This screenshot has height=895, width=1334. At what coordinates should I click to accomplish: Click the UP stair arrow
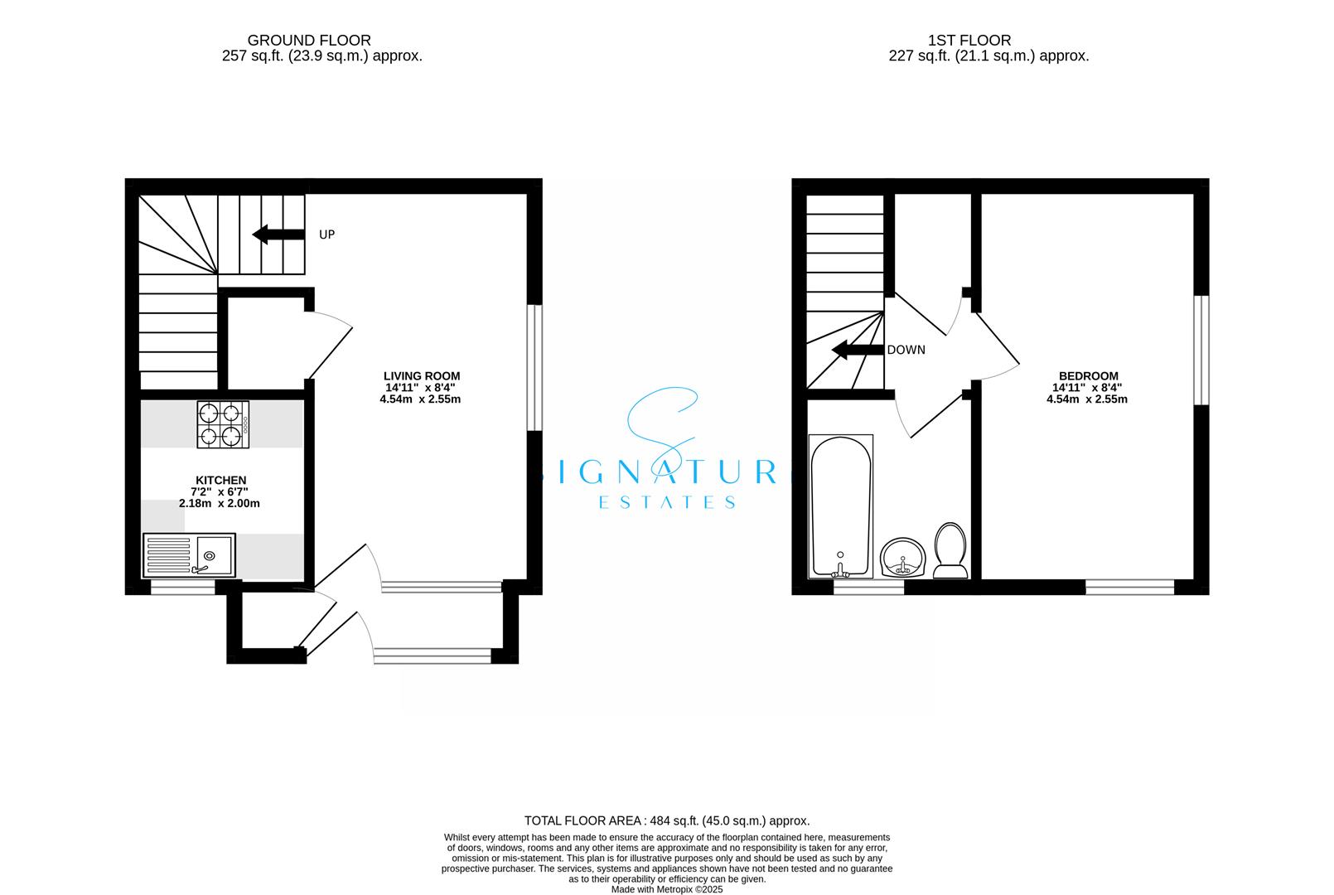[278, 235]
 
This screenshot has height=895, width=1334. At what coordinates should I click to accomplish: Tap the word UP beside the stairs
[327, 235]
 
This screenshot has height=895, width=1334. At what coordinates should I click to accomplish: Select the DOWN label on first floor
[906, 350]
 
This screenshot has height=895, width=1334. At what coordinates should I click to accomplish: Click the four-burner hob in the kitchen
[223, 424]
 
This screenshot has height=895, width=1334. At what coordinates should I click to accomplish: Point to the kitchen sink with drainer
[189, 554]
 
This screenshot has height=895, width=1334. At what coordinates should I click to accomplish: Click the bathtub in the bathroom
[841, 506]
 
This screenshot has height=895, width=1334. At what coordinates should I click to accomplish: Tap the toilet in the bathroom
[950, 550]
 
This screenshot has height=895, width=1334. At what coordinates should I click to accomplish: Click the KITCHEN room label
[220, 481]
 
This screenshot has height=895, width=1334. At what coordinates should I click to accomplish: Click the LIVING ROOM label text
[421, 375]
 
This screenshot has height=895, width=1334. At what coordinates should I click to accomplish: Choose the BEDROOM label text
[1086, 375]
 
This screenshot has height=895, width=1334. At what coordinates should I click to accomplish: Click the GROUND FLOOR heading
[309, 40]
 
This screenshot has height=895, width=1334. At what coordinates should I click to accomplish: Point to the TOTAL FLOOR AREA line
[668, 820]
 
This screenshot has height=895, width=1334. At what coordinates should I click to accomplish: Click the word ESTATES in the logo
[667, 502]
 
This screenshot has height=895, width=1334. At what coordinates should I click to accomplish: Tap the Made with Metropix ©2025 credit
[667, 889]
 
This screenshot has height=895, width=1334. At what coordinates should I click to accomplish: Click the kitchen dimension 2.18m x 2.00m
[220, 503]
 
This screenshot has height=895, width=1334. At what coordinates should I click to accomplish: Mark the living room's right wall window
[534, 368]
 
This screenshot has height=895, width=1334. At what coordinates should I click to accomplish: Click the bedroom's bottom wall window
[1129, 587]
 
